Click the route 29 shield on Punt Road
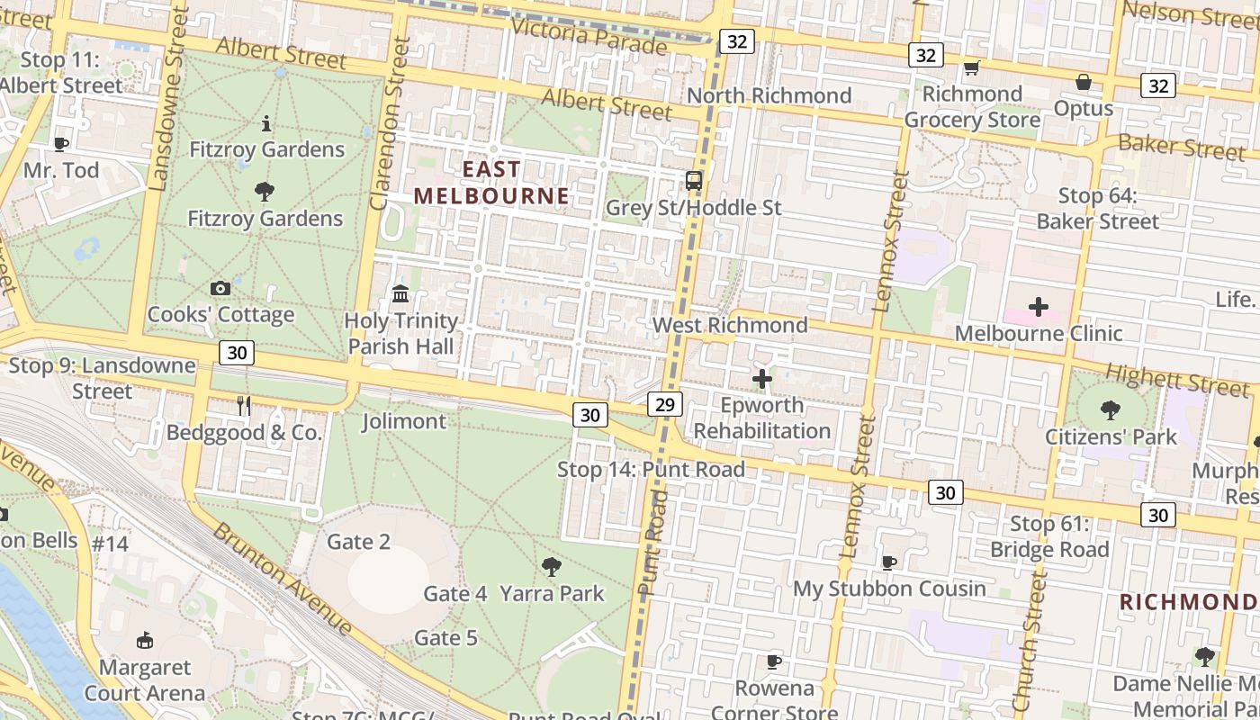tap(664, 404)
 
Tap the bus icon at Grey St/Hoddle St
tap(693, 180)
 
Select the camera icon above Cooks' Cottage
tap(220, 288)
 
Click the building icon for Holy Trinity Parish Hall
tap(400, 293)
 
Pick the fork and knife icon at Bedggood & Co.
tap(243, 405)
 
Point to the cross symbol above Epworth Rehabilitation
tap(761, 379)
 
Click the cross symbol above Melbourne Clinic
tap(1039, 307)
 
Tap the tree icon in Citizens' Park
tap(1111, 410)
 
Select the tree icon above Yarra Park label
tap(552, 567)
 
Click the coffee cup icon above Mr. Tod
tap(60, 143)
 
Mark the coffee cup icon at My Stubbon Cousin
tap(889, 562)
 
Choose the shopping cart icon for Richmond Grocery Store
tap(971, 67)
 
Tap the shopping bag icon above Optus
tap(1084, 82)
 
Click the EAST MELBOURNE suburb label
tap(491, 183)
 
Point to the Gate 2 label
tap(358, 542)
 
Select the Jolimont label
tap(403, 421)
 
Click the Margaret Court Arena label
tap(144, 680)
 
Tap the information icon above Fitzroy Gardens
tap(266, 123)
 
